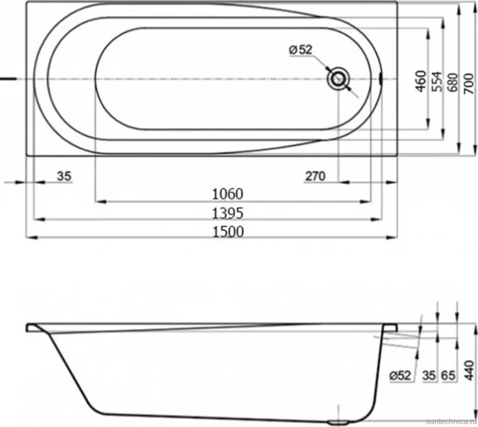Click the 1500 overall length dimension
coord(228,232)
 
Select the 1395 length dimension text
coord(228,213)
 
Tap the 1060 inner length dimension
coord(228,194)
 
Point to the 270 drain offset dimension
coord(315,176)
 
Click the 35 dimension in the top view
coord(64,176)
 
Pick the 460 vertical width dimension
coord(421,81)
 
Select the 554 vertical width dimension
coord(438,81)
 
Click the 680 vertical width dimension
coord(453,82)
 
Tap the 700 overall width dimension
coord(469,83)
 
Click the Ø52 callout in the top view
coord(301,49)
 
